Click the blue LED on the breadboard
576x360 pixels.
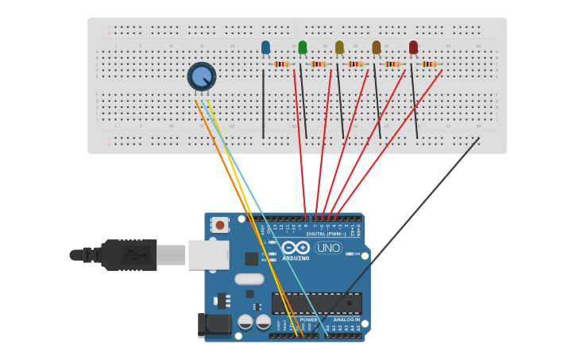click(x=265, y=48)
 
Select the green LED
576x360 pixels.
click(x=302, y=48)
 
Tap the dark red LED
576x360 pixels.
click(x=413, y=48)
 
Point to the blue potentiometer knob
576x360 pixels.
click(x=202, y=77)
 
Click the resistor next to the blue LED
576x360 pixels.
click(x=281, y=64)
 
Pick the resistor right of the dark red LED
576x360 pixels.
click(x=429, y=64)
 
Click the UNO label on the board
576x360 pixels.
click(x=328, y=248)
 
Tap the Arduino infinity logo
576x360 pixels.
click(x=294, y=247)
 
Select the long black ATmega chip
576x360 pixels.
click(x=316, y=303)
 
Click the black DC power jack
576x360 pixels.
click(x=212, y=324)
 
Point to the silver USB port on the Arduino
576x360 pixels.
click(x=208, y=255)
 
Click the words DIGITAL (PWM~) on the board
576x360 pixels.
click(x=326, y=234)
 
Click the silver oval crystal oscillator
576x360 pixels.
click(x=249, y=279)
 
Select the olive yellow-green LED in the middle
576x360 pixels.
click(x=339, y=48)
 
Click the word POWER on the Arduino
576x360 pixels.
click(x=308, y=319)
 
